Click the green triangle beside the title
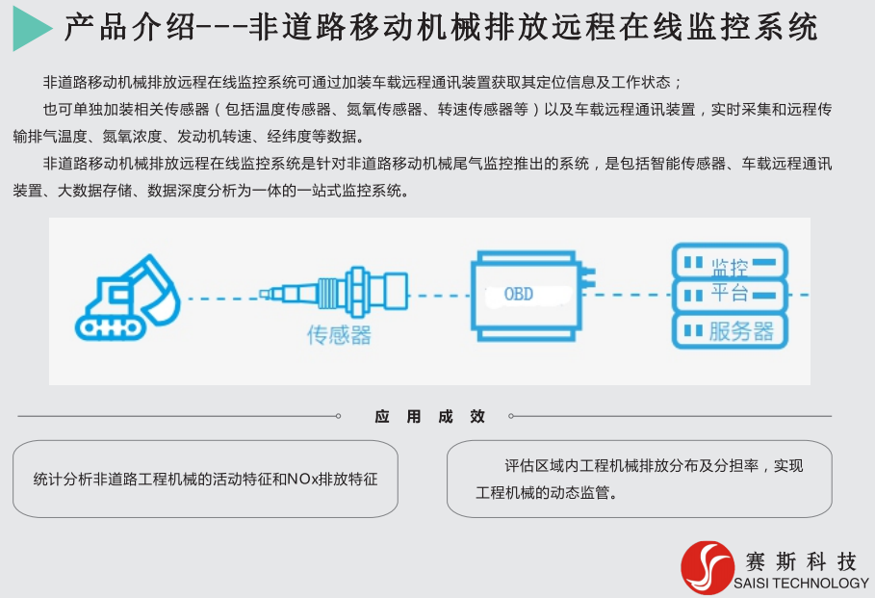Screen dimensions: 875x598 29,28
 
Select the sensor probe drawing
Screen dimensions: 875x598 334,293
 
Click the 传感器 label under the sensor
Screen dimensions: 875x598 339,335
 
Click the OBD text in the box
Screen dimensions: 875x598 519,295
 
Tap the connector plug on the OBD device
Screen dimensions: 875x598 586,277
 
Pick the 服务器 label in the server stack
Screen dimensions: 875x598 741,331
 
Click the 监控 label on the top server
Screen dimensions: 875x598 730,268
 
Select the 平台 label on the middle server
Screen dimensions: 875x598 730,293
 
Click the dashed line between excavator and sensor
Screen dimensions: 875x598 223,299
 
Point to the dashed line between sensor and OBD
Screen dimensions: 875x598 441,296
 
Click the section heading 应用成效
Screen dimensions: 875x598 429,417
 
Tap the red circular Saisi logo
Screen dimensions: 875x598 708,567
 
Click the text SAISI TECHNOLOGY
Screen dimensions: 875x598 801,584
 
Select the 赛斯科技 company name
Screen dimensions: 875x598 801,561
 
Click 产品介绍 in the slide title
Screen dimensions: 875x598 130,27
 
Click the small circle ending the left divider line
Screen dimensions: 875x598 338,416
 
